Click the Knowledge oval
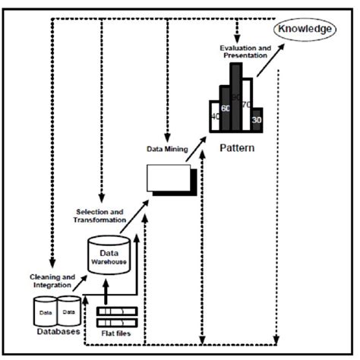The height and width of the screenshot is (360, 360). tap(305, 29)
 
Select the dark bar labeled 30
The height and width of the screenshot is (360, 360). tap(257, 119)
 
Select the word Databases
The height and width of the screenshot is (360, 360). tap(58, 333)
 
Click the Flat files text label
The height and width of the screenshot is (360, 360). tap(117, 333)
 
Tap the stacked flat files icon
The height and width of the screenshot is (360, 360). tap(117, 314)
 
